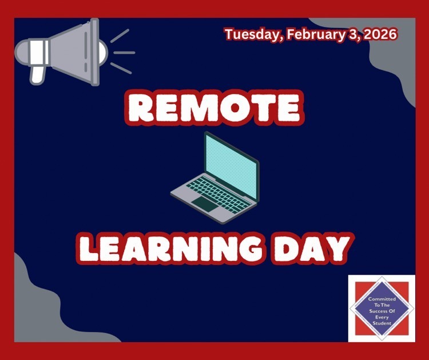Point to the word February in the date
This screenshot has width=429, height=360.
coord(310,34)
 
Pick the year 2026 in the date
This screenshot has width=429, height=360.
coord(376,34)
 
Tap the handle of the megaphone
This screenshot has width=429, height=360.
coord(37,73)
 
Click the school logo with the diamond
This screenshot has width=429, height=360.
coord(381,308)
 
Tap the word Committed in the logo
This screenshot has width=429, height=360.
coord(381,299)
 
